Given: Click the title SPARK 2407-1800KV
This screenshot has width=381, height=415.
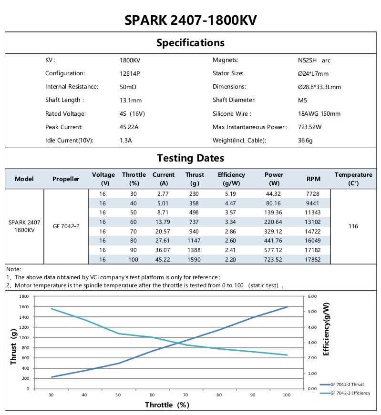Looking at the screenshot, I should click(190, 20).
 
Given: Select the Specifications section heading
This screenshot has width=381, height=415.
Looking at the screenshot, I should click(190, 43).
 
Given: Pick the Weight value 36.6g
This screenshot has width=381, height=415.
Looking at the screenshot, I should click(305, 141).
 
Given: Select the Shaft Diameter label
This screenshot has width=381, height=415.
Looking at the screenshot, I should click(234, 101).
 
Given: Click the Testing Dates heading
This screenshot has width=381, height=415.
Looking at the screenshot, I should click(190, 158).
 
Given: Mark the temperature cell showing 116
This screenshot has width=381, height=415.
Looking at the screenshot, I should click(353, 226).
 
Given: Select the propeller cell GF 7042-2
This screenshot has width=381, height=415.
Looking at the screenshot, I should click(66, 226).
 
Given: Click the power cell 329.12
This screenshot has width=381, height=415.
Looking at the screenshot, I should click(274, 232).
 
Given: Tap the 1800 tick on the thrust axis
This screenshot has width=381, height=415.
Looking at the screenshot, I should click(23, 296).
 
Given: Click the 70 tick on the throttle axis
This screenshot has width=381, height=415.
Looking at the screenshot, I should click(185, 395).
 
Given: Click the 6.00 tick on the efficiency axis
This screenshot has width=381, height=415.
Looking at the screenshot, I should click(312, 296).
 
